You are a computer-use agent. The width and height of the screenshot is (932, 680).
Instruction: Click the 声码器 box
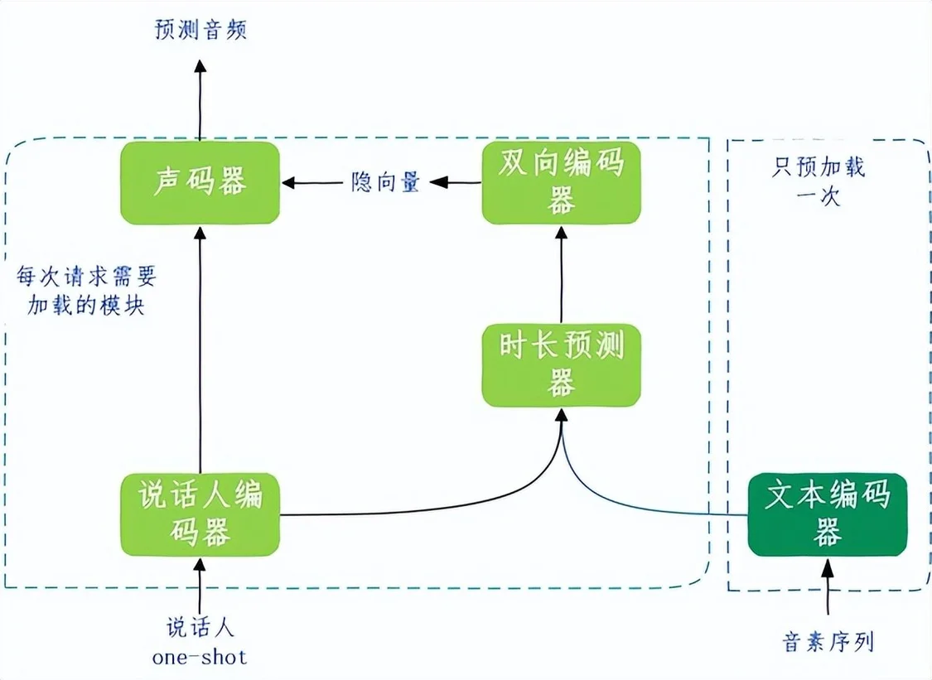(200, 182)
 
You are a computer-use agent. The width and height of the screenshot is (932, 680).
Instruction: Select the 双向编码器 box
(561, 182)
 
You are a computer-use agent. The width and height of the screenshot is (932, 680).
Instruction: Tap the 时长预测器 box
(561, 365)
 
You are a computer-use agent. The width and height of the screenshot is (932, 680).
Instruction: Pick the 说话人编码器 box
(200, 514)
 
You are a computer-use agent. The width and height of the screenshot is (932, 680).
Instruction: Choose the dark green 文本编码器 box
(828, 514)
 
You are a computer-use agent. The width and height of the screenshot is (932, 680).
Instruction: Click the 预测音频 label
(200, 30)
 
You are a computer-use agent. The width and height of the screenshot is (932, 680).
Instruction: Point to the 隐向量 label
(385, 182)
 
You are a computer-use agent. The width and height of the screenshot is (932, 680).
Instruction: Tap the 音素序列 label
(828, 642)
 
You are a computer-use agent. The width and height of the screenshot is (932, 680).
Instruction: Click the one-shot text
(200, 657)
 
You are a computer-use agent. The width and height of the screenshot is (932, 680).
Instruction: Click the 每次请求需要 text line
(85, 276)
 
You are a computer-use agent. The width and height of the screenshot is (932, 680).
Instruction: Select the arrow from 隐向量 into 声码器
(312, 182)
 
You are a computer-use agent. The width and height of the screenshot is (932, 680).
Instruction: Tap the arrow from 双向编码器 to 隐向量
(456, 182)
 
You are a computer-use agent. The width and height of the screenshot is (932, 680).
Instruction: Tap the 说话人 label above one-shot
(200, 627)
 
